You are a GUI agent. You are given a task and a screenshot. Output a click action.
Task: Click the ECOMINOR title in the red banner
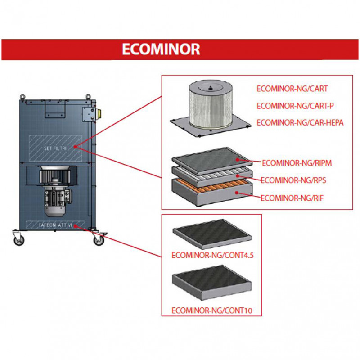161,49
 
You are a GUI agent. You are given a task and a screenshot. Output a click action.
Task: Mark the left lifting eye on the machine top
22,96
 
